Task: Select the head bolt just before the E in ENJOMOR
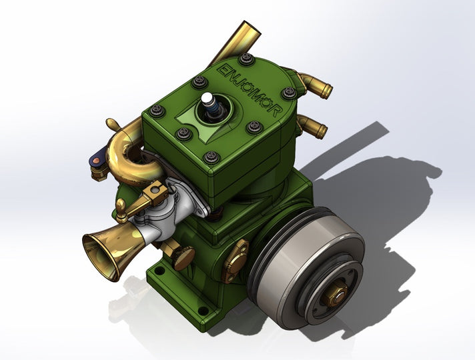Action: (199, 81)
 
